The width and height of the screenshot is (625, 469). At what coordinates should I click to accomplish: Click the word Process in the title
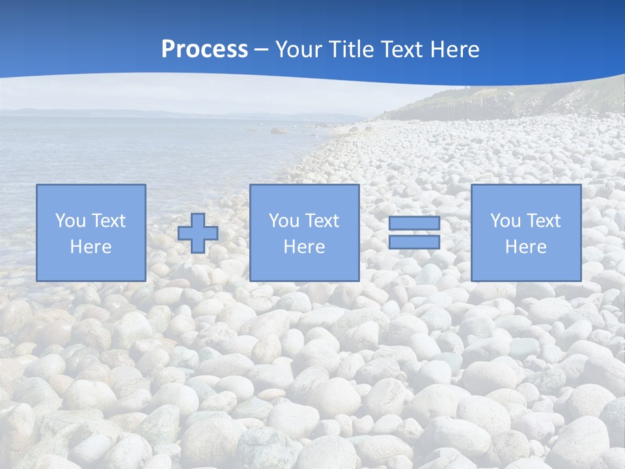coord(204,50)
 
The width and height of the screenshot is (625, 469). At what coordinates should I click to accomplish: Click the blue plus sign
coord(198,233)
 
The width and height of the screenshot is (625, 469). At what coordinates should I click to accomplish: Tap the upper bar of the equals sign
coord(414,223)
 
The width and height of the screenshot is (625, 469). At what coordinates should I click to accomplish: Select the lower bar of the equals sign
coord(414,242)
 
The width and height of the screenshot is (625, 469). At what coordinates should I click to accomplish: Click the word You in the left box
coord(70,221)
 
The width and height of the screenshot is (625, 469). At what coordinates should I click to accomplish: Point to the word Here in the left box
coord(90,247)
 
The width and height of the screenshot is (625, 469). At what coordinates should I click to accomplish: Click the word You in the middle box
coord(283,221)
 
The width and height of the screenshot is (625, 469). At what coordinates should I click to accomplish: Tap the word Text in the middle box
coord(322,221)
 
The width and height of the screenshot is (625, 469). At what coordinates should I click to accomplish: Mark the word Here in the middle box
coord(304,247)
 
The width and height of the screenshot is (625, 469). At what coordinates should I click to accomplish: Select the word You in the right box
coord(505,221)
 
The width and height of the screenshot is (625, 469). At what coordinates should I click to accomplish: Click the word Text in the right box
coord(543,221)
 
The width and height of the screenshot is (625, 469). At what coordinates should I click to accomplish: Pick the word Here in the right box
coord(525,247)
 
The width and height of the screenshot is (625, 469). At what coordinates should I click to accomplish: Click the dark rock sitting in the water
coord(278,130)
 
